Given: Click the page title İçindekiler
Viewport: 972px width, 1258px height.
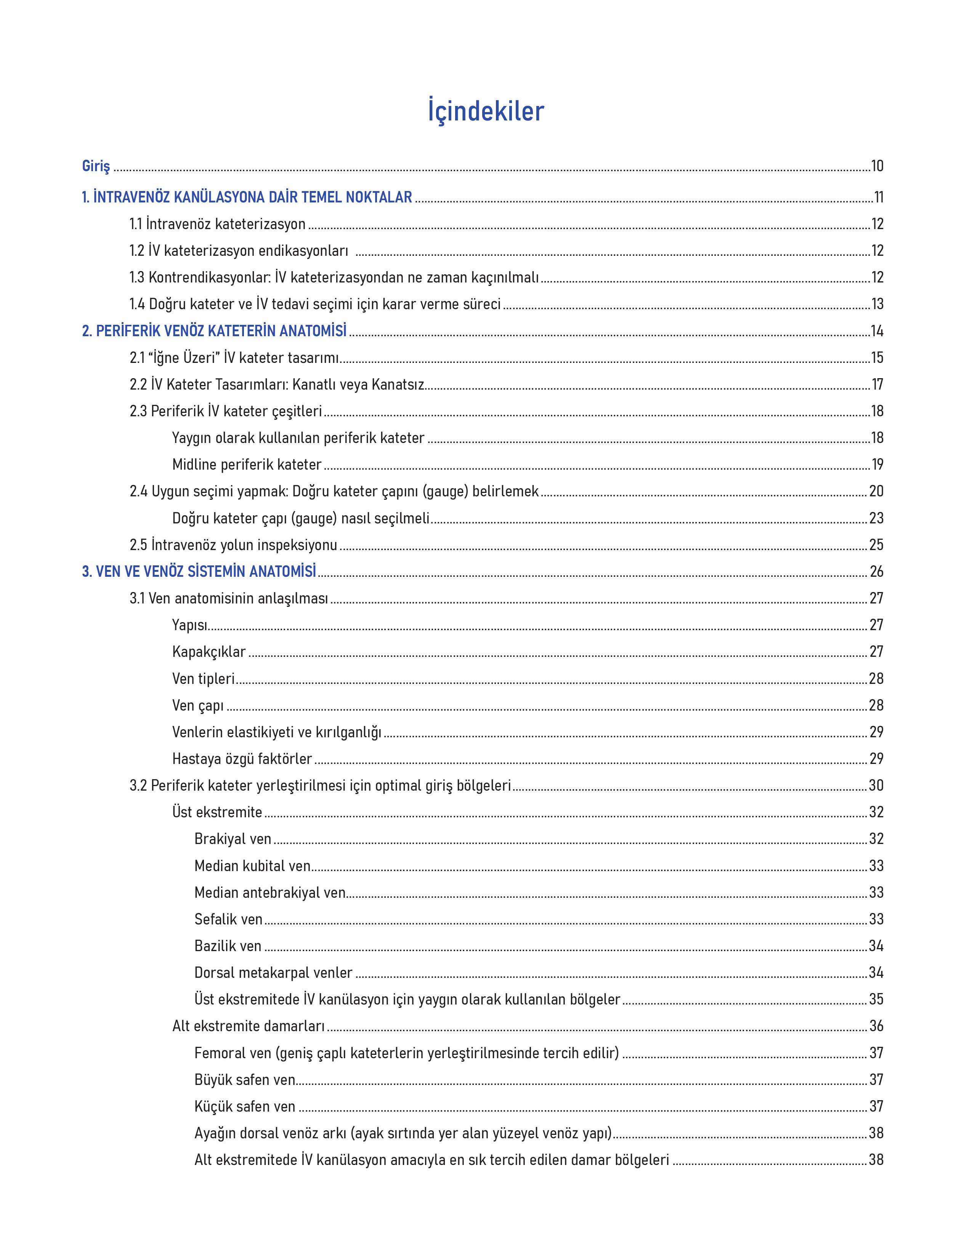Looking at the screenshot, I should [485, 111].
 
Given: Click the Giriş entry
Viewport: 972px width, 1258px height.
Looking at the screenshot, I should [96, 166].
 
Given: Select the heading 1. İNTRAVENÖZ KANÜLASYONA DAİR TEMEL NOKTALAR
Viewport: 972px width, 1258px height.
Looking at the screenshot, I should [247, 197].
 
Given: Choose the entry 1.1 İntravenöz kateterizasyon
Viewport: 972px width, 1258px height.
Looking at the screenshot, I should [217, 224].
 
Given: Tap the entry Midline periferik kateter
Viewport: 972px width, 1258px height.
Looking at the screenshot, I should [247, 464].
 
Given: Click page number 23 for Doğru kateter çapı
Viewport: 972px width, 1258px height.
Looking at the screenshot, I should [876, 518].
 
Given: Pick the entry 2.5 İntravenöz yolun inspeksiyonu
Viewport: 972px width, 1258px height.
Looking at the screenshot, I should [233, 545].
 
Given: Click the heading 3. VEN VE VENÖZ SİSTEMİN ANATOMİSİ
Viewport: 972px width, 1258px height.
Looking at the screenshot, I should [199, 571].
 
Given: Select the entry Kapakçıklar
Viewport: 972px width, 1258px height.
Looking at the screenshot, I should [209, 651].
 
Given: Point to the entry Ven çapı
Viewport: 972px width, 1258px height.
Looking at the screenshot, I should [197, 705].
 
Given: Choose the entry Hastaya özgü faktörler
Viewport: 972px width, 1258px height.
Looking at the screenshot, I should [242, 759].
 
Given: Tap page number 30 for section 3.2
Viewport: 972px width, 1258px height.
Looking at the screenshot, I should [876, 785].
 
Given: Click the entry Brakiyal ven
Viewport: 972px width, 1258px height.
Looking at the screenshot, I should [233, 839].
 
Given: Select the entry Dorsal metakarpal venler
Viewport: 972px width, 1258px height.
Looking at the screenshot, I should [273, 972].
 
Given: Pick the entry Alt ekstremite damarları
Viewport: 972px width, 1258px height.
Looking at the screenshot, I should [248, 1026].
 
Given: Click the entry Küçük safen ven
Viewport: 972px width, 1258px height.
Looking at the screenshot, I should [245, 1106].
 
